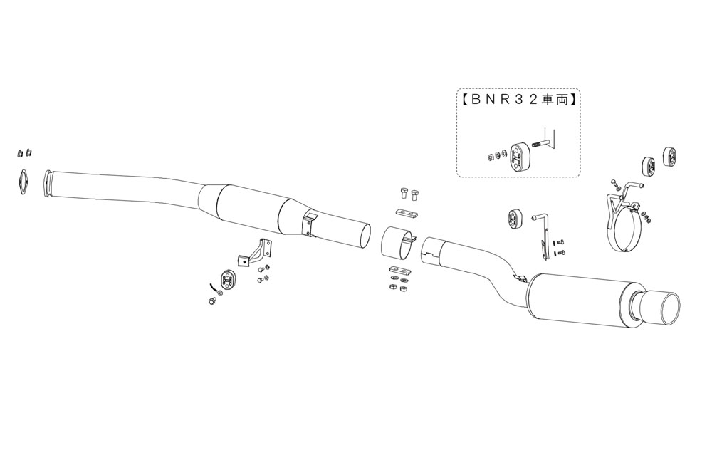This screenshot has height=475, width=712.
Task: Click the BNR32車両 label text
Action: point(518,100)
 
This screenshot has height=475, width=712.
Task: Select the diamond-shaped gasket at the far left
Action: point(23,182)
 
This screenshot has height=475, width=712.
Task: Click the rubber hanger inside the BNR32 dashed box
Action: point(518,152)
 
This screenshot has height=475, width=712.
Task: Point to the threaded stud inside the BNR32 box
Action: point(538,145)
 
